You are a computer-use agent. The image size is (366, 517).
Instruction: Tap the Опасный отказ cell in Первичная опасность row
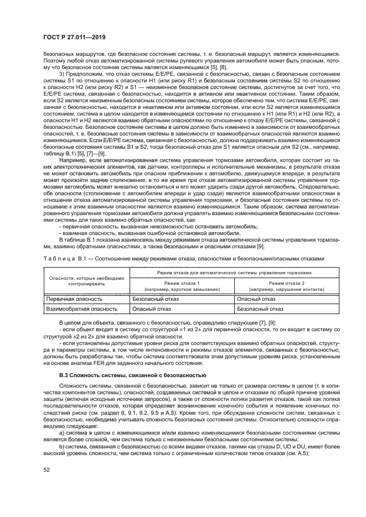[x=256, y=299]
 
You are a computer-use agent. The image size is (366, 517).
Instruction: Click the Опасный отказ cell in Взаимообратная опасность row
[x=149, y=309]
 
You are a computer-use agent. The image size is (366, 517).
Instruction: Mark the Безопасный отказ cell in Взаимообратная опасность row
[x=260, y=309]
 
